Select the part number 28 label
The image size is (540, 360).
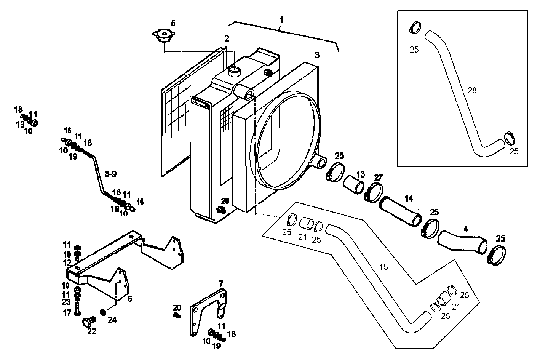472,90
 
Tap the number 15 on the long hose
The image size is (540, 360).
383,267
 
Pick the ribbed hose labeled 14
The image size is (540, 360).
401,212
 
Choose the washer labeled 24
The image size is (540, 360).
102,312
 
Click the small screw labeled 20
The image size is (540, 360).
176,315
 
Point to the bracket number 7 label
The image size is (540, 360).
220,283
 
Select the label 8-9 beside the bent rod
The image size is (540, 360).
110,174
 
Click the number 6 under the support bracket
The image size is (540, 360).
129,299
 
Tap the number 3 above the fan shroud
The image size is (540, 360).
317,55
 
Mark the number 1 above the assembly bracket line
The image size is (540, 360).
281,19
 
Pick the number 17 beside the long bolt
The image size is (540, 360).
67,313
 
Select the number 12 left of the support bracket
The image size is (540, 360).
67,262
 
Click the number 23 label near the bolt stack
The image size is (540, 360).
67,303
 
